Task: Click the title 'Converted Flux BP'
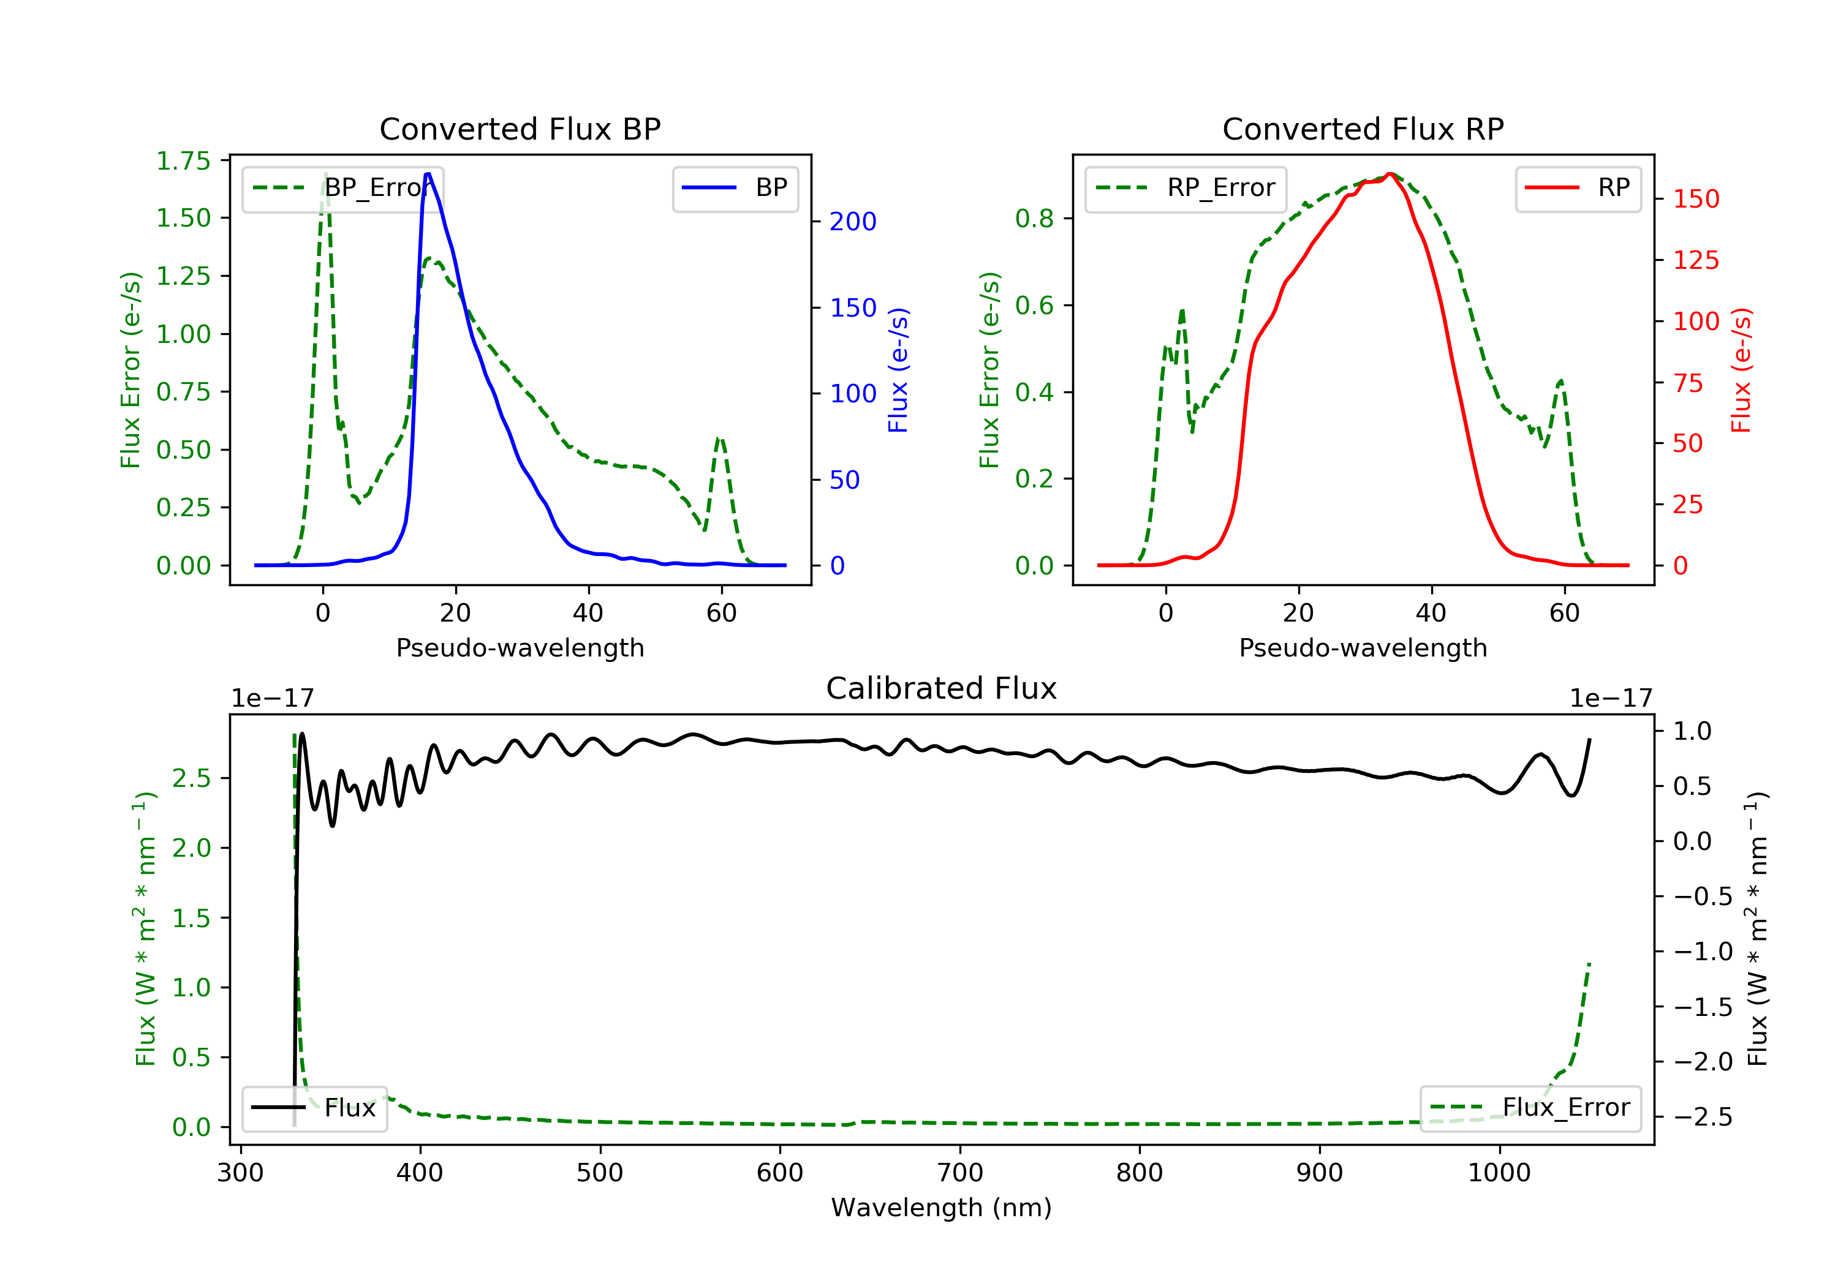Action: coord(520,129)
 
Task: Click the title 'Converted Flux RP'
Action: coord(1363,129)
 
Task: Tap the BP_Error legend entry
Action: coord(342,188)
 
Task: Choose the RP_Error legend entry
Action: coord(1185,188)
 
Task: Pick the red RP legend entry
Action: coord(1577,188)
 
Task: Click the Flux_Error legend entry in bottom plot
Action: coord(1530,1108)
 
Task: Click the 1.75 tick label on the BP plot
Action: coord(183,161)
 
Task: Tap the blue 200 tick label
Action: coord(853,222)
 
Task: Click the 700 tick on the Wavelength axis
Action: coord(960,1173)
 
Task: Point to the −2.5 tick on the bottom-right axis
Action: coord(1703,1117)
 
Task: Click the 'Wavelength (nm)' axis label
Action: coord(942,1208)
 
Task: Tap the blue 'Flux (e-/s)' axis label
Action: coord(898,370)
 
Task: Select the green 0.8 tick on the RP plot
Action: coord(1034,219)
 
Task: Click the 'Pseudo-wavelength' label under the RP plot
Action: coord(1363,647)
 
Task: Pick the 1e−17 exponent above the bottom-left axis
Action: coord(272,699)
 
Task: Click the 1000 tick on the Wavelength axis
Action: coord(1499,1173)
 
